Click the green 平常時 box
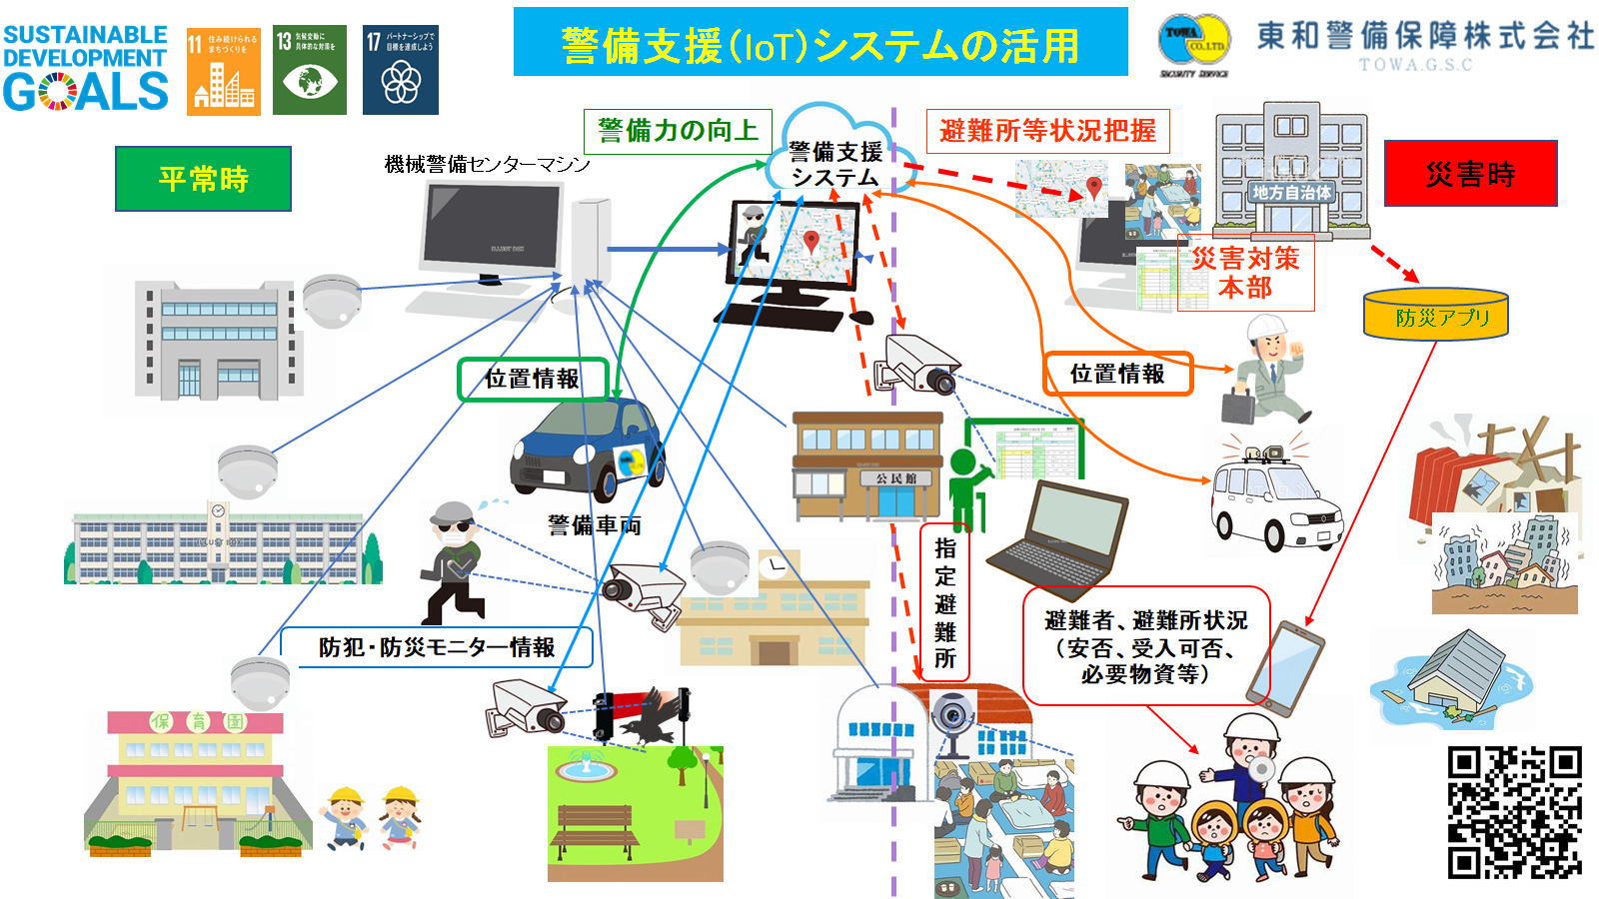pos(203,179)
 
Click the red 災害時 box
pos(1470,174)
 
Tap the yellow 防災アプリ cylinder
pos(1436,315)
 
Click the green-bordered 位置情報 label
pos(533,380)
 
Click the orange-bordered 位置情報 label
pos(1117,374)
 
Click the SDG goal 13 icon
pos(310,70)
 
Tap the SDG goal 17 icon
pos(400,70)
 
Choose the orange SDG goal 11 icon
pos(223,70)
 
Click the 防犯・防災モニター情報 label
pos(437,647)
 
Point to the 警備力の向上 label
pos(678,131)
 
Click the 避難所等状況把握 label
pos(1047,131)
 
